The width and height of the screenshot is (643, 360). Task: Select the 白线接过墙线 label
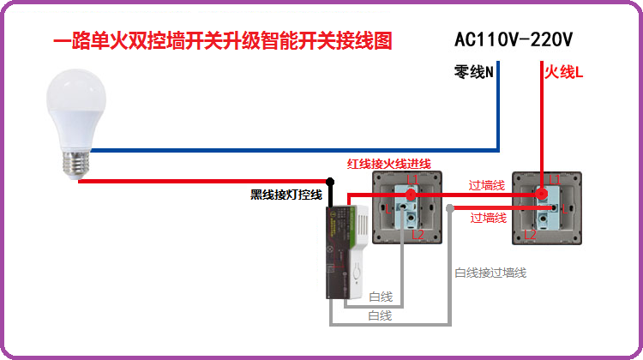490,273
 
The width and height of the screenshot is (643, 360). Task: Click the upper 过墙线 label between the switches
486,184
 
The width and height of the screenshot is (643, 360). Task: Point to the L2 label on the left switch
418,234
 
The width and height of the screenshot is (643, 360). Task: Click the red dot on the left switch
411,195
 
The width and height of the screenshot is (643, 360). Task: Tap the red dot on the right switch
542,195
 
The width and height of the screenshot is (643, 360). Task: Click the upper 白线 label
381,297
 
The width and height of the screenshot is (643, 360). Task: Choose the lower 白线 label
380,315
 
